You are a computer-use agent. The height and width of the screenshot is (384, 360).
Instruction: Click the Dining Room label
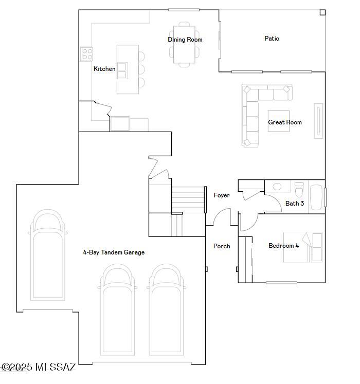[185, 40]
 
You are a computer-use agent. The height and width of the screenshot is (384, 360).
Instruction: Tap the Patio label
[272, 39]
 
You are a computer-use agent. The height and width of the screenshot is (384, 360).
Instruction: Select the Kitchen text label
[104, 69]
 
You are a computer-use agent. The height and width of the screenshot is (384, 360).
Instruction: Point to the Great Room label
[284, 122]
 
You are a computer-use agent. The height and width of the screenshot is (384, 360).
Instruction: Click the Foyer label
[222, 195]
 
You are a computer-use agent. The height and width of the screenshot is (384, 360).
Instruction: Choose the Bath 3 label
[294, 204]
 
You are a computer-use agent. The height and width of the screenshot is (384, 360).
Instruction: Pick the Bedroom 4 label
[283, 246]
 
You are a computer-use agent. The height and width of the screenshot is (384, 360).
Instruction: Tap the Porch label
[222, 246]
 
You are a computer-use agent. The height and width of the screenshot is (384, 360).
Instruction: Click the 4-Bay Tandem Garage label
[114, 252]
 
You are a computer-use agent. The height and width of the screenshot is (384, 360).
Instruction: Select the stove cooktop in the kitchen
[86, 54]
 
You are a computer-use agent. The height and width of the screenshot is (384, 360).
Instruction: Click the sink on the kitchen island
[122, 70]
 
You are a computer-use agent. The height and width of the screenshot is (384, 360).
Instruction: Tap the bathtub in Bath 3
[316, 197]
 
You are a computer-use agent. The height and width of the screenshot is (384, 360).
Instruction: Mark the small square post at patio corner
[322, 12]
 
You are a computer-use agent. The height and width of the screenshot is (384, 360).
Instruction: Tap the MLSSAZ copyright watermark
[39, 367]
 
